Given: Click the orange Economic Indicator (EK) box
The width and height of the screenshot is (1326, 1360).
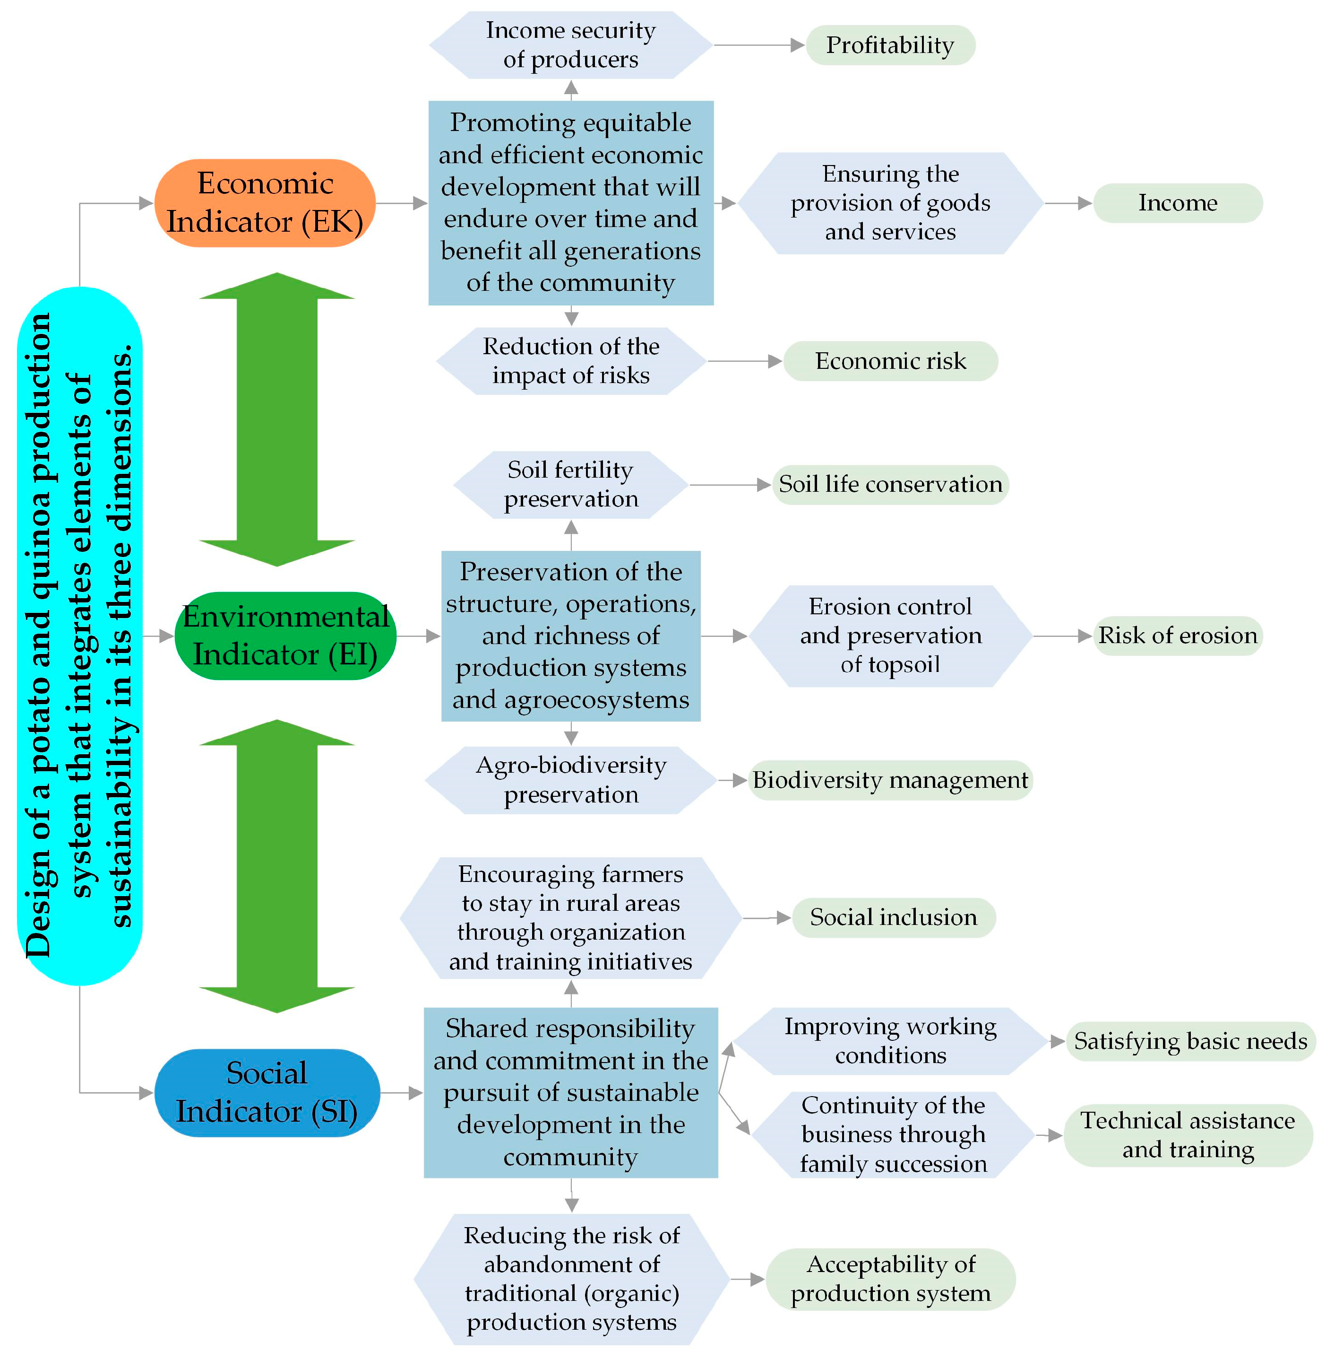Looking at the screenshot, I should (x=265, y=203).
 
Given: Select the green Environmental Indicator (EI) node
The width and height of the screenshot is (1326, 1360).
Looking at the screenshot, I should (x=285, y=636).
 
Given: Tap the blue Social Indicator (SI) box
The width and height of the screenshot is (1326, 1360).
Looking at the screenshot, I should (x=267, y=1092).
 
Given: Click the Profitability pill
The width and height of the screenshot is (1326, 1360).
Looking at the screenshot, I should (x=890, y=45).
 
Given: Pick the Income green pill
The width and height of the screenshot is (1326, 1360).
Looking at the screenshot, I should (x=1178, y=203).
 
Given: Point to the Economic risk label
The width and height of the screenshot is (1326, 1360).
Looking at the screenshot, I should (x=890, y=361).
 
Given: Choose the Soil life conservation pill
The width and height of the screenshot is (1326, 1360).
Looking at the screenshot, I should (x=890, y=484).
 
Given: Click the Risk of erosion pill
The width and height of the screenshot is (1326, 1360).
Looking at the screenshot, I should (x=1178, y=636).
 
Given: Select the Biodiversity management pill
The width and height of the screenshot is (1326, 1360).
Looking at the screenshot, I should (x=890, y=780).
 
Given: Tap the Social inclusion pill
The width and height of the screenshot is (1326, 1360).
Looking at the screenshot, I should (x=894, y=917).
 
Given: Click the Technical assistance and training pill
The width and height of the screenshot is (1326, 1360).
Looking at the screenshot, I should (x=1188, y=1135).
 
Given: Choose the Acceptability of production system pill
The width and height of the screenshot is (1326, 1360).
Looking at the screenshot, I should (x=890, y=1279).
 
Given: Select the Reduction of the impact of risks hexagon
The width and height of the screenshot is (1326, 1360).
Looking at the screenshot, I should (x=570, y=361).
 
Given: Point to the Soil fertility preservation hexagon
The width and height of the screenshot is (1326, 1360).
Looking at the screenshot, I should (x=570, y=484).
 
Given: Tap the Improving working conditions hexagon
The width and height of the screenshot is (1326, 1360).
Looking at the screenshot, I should (x=890, y=1041).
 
